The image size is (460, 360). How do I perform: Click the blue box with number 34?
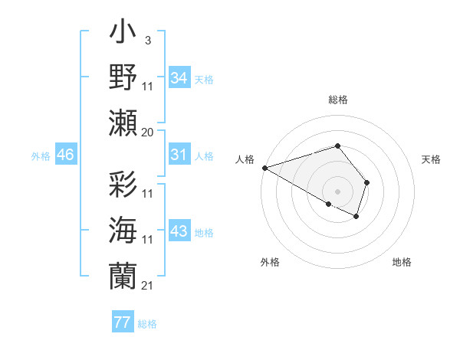(x=179, y=77)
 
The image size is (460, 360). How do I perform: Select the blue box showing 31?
(x=179, y=155)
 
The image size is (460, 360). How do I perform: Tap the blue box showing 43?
(x=179, y=231)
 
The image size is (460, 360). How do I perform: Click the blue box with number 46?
(x=65, y=155)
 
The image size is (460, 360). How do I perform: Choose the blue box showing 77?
(x=122, y=322)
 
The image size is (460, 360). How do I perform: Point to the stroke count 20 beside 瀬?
(x=148, y=133)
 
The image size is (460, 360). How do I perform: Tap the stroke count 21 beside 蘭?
(x=148, y=286)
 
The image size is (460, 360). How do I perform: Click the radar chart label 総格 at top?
(x=338, y=100)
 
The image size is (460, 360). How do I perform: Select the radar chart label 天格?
(x=432, y=159)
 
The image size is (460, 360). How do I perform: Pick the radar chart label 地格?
(x=402, y=262)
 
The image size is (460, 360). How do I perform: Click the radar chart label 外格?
(x=270, y=262)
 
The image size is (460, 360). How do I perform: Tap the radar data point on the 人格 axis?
(x=264, y=168)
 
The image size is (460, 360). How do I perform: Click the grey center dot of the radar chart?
(x=337, y=191)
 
